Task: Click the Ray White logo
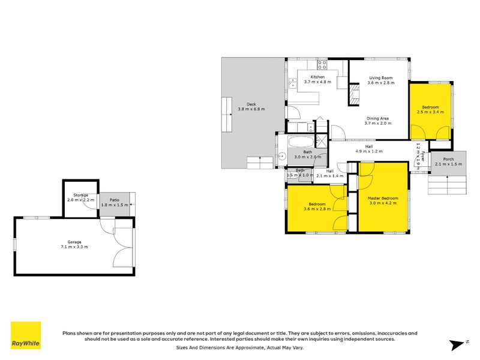(26, 336)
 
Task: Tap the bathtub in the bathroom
(299, 143)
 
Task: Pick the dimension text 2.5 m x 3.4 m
(430, 112)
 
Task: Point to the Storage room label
(81, 195)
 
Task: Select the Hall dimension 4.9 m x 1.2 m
(369, 151)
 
